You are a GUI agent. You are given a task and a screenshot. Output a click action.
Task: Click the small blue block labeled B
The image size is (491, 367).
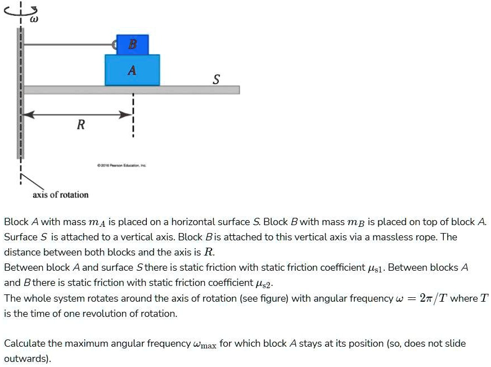coord(132,44)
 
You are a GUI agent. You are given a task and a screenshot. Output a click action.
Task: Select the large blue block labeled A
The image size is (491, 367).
coord(132,70)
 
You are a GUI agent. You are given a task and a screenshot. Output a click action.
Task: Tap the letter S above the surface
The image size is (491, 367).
coord(216,79)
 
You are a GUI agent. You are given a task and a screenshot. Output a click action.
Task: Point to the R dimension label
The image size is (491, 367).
coord(81,125)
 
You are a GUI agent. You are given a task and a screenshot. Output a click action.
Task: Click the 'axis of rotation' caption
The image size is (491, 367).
coord(60,195)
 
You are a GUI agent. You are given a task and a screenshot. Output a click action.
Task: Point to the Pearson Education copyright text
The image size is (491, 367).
coord(121,165)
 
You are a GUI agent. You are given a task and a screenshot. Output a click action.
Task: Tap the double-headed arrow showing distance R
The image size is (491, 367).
coord(78,114)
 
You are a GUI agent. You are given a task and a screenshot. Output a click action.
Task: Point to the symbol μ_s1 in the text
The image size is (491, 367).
coord(375,268)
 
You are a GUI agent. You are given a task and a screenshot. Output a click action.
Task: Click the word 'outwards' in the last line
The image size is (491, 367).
coord(26,359)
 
